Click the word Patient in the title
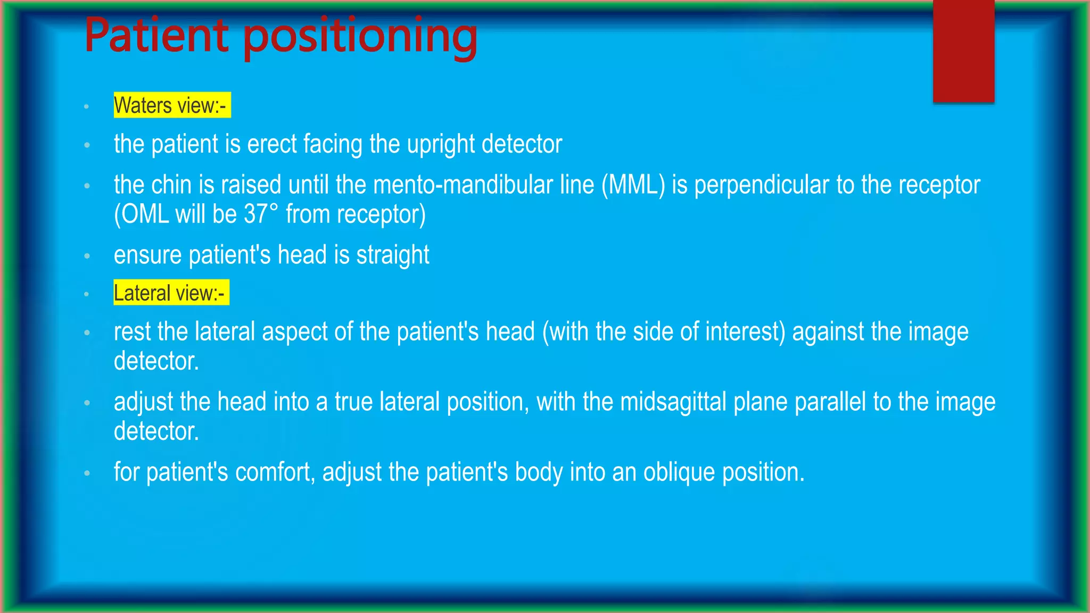(156, 36)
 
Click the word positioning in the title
(360, 38)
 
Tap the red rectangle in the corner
(963, 51)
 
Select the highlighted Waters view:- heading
(171, 105)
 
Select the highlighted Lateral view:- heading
(171, 293)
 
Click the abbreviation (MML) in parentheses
(633, 185)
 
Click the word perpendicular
(762, 185)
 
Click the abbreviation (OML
(141, 214)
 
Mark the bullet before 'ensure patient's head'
(87, 256)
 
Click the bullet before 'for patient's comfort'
(87, 473)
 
